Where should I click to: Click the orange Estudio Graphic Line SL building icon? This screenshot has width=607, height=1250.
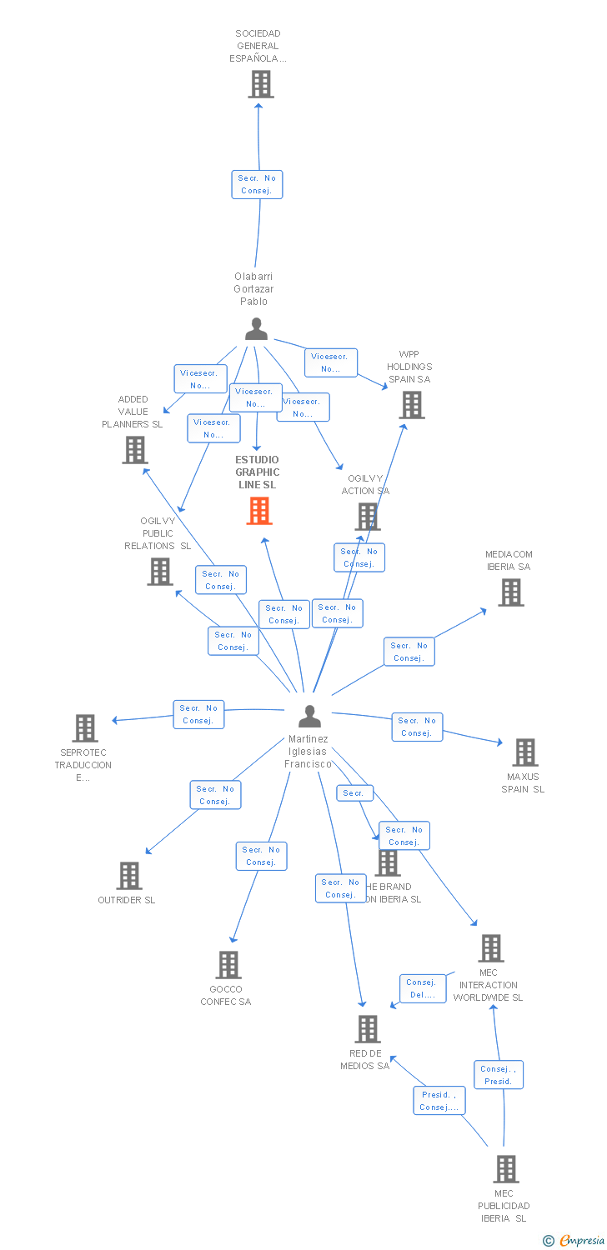coord(259,511)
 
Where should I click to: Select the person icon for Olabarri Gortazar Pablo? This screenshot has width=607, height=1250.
coord(257,329)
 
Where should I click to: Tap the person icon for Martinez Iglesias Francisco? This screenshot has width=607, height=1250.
coord(309,716)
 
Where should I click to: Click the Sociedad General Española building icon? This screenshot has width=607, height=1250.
coord(261,84)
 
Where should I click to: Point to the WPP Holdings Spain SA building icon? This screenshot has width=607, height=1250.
coord(412,405)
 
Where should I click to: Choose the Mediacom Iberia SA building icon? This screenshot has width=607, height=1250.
coord(511,592)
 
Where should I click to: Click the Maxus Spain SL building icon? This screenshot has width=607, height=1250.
coord(524,752)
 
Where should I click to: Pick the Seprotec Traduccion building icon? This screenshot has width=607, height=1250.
coord(84,728)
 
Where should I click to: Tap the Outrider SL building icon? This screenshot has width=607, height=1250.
coord(129,876)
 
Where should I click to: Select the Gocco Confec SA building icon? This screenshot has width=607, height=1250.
coord(228,965)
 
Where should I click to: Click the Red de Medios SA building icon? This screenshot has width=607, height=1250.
coord(368,1029)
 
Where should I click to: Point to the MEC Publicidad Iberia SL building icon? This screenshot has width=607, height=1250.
coord(505,1169)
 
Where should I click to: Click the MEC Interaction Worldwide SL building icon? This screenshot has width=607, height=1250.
coord(491,948)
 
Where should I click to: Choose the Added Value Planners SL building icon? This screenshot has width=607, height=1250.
coord(134,450)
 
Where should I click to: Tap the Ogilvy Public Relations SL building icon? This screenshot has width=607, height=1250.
coord(160,572)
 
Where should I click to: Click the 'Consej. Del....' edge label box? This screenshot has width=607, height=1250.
coord(422,988)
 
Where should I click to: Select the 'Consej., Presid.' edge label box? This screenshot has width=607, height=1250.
coord(499,1075)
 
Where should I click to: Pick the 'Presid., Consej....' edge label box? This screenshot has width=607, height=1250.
coord(439,1101)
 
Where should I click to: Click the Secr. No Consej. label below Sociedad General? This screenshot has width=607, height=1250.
coord(257,184)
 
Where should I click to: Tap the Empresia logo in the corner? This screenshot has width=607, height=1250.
coord(574,1241)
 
